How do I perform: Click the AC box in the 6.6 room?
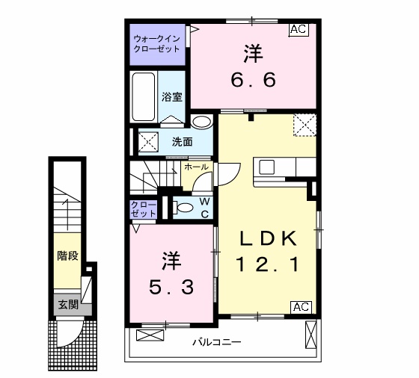click(299, 31)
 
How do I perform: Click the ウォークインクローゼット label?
click(156, 43)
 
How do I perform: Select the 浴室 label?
click(173, 96)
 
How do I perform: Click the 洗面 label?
click(182, 141)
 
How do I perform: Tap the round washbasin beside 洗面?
click(201, 122)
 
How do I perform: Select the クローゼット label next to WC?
click(144, 208)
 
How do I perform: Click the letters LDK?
click(269, 238)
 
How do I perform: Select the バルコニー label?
click(216, 343)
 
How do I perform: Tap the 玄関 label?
click(68, 304)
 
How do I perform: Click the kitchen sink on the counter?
click(267, 166)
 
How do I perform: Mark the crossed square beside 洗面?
click(147, 140)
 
